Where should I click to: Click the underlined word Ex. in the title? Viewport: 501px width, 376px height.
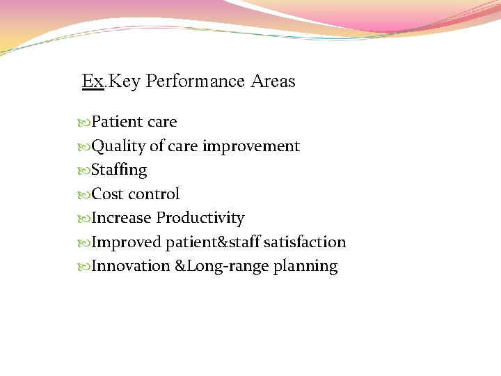(93, 81)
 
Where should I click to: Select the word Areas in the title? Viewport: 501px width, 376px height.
(273, 81)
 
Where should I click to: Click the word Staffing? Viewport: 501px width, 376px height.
(119, 170)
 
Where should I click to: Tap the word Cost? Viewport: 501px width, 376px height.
(107, 194)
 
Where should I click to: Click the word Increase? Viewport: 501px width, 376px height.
(121, 218)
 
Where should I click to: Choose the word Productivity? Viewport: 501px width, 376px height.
(200, 218)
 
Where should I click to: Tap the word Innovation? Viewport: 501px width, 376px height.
(130, 266)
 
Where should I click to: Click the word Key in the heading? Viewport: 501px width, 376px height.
(125, 81)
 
